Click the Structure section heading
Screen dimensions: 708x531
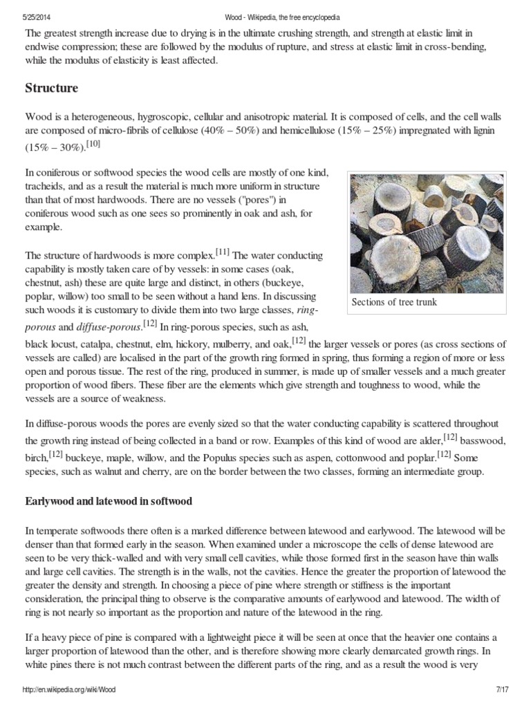click(x=51, y=88)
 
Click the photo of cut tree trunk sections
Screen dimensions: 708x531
click(x=426, y=233)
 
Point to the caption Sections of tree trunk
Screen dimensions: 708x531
click(x=394, y=302)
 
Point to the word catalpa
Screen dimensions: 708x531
click(x=98, y=344)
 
